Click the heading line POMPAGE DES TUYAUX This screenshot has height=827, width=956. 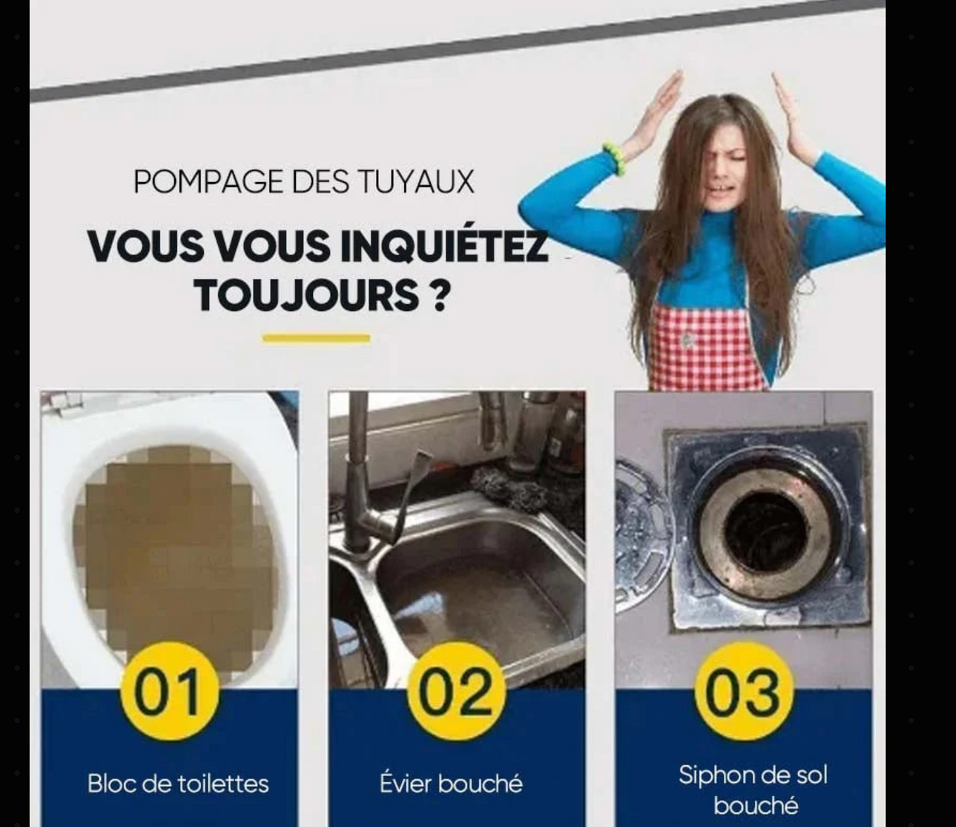coord(304,182)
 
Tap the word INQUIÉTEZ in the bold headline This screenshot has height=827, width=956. coord(444,245)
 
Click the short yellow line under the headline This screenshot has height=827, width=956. coord(316,338)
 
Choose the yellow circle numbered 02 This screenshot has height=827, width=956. coord(456,691)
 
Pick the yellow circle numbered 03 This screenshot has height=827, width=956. coord(742,691)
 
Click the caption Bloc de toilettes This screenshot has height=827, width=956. coord(178,784)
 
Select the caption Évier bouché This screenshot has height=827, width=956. coord(451,784)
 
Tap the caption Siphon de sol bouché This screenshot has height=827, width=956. coord(753,789)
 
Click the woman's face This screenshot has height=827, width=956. coord(724,169)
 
